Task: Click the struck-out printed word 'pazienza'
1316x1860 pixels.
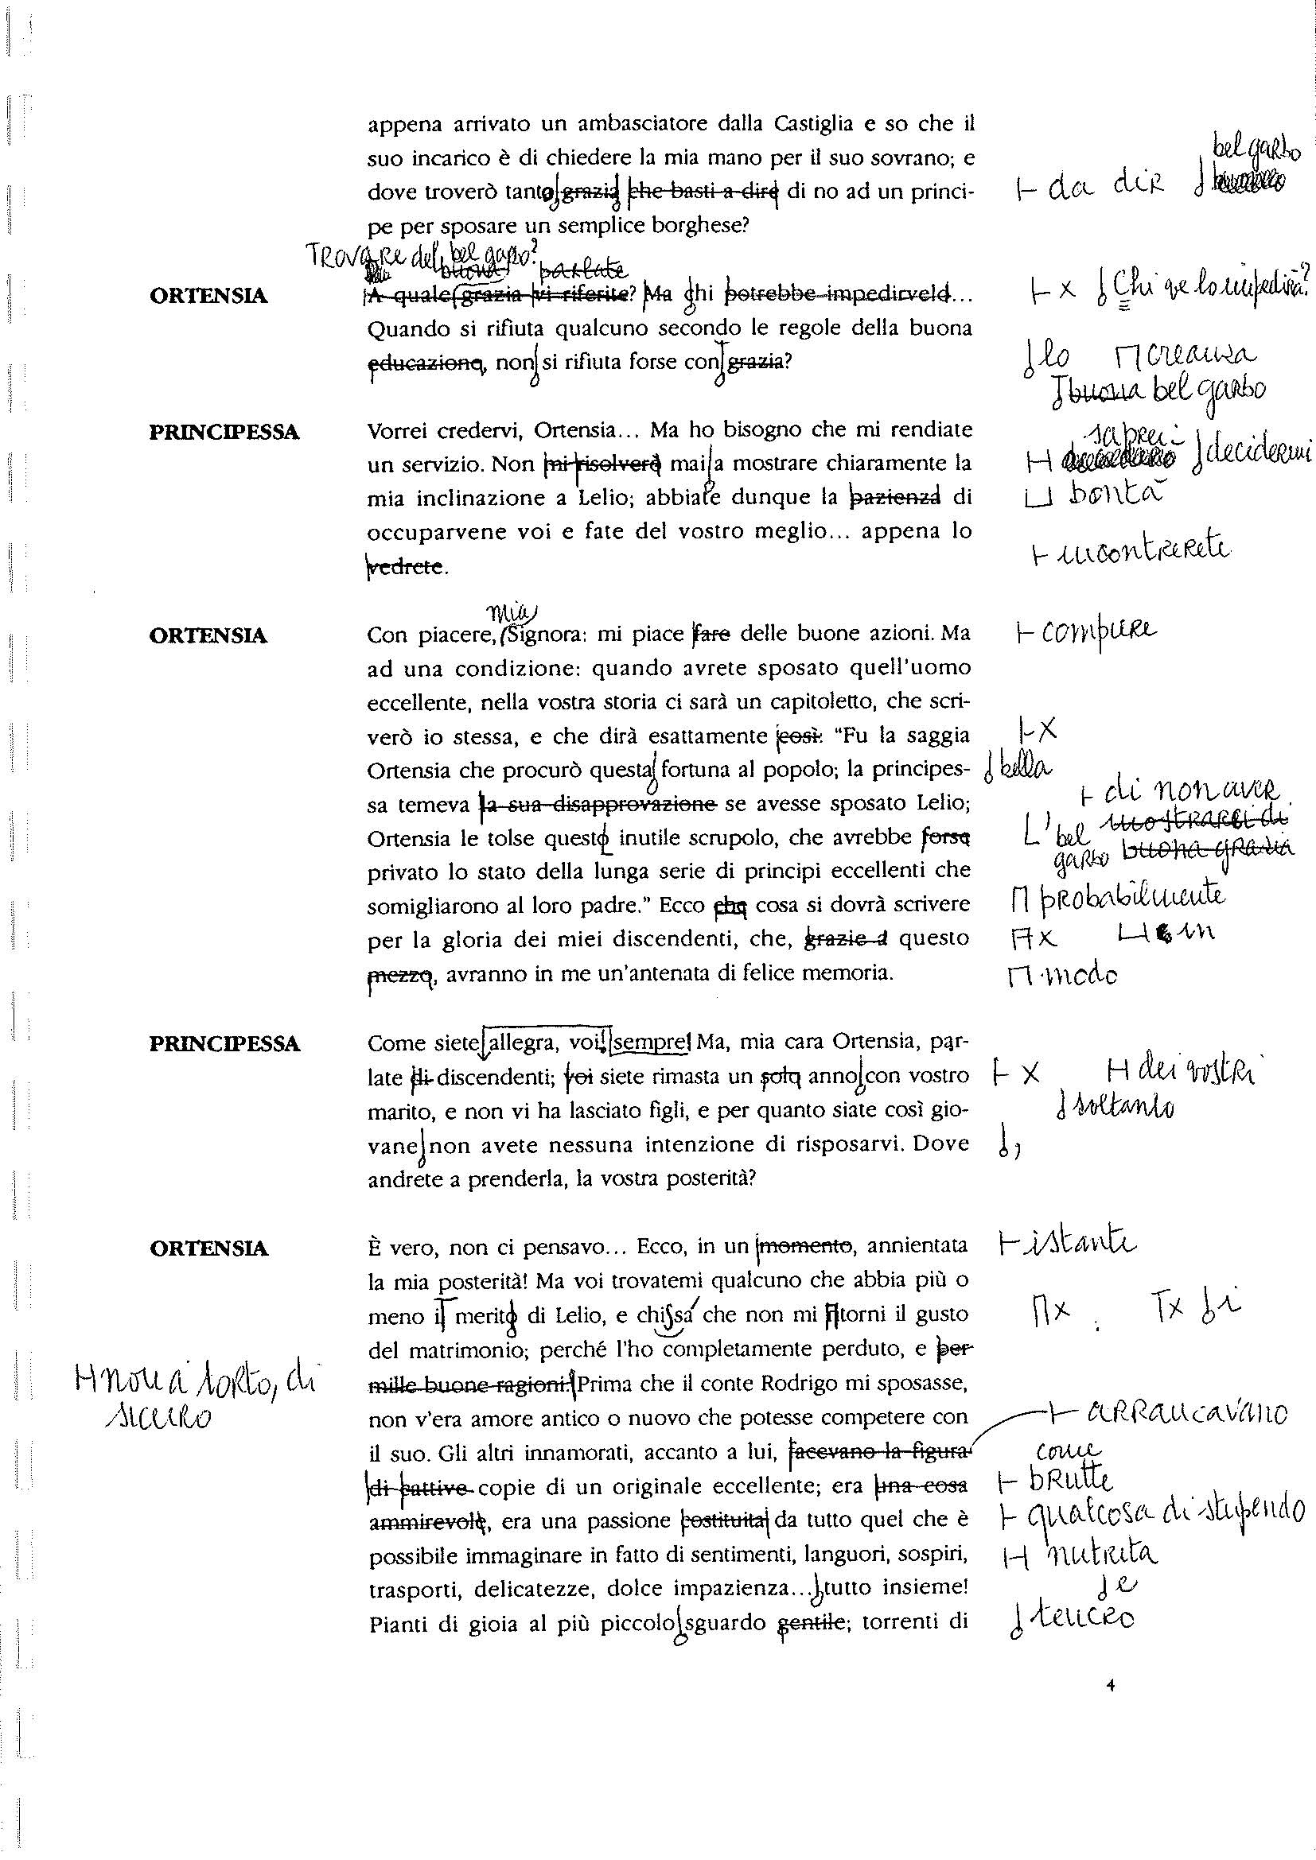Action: tap(894, 496)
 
